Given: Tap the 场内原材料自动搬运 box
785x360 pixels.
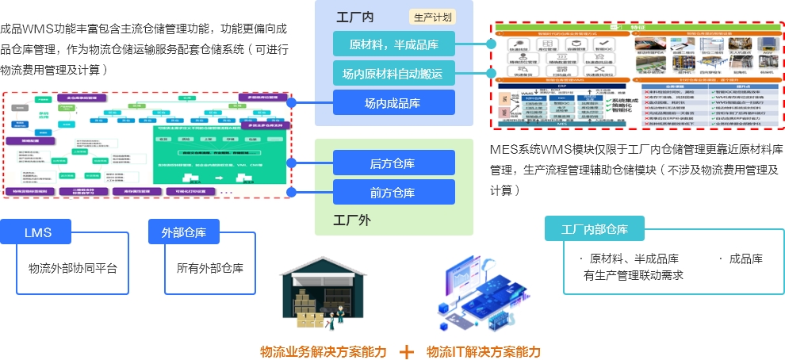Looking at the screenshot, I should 393,74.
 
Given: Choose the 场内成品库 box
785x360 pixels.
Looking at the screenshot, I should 393,102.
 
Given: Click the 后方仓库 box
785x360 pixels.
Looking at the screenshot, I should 393,163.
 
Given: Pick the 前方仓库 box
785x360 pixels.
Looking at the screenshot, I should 393,192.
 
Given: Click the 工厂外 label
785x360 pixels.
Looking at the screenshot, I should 350,220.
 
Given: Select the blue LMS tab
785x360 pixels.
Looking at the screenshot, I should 37,232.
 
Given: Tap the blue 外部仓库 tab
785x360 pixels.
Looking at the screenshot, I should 183,232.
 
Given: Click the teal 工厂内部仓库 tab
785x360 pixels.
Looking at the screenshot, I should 594,229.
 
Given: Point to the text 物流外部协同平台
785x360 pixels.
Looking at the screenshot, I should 72,267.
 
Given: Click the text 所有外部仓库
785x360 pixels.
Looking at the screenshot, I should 210,267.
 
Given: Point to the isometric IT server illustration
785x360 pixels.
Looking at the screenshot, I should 477,293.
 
